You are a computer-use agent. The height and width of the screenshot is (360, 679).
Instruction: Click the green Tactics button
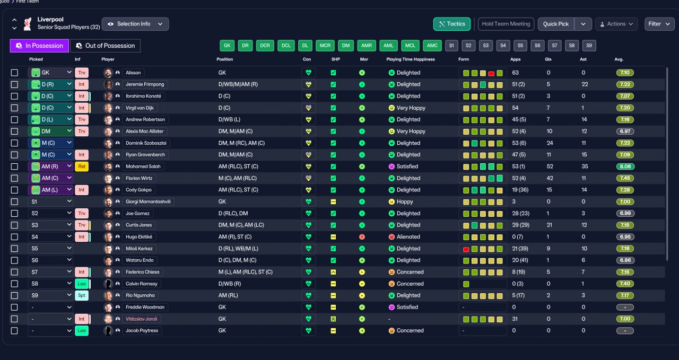click(451, 24)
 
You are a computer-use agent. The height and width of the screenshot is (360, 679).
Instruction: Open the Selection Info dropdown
click(135, 24)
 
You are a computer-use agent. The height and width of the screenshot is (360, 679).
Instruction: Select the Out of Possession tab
click(105, 46)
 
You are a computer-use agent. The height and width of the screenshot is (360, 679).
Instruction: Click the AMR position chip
click(366, 46)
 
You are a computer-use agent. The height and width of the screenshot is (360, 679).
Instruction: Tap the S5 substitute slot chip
click(520, 46)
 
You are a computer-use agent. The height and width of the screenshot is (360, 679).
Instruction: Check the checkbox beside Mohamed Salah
click(14, 166)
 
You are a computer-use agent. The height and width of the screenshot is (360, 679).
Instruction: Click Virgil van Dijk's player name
click(140, 108)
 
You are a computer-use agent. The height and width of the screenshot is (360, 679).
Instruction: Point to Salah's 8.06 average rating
click(625, 166)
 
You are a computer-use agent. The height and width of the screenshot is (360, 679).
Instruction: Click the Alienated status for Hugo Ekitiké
click(408, 236)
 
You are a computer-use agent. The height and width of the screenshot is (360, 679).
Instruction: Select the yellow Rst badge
click(82, 166)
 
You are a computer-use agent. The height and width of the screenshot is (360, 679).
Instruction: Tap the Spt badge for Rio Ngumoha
click(82, 295)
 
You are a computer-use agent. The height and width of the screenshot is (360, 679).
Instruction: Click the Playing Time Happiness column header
click(411, 59)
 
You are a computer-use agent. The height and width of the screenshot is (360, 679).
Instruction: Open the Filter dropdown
click(659, 24)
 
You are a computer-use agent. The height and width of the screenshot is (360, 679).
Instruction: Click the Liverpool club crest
click(28, 24)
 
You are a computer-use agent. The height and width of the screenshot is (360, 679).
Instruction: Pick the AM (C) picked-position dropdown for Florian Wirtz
click(50, 178)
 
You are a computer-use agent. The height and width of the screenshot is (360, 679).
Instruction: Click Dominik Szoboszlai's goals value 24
click(550, 143)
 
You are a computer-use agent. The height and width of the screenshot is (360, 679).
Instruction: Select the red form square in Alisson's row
click(491, 73)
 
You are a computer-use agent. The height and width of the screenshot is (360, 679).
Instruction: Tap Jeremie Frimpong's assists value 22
click(585, 84)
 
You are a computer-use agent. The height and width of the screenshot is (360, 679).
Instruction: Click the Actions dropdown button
click(616, 24)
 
